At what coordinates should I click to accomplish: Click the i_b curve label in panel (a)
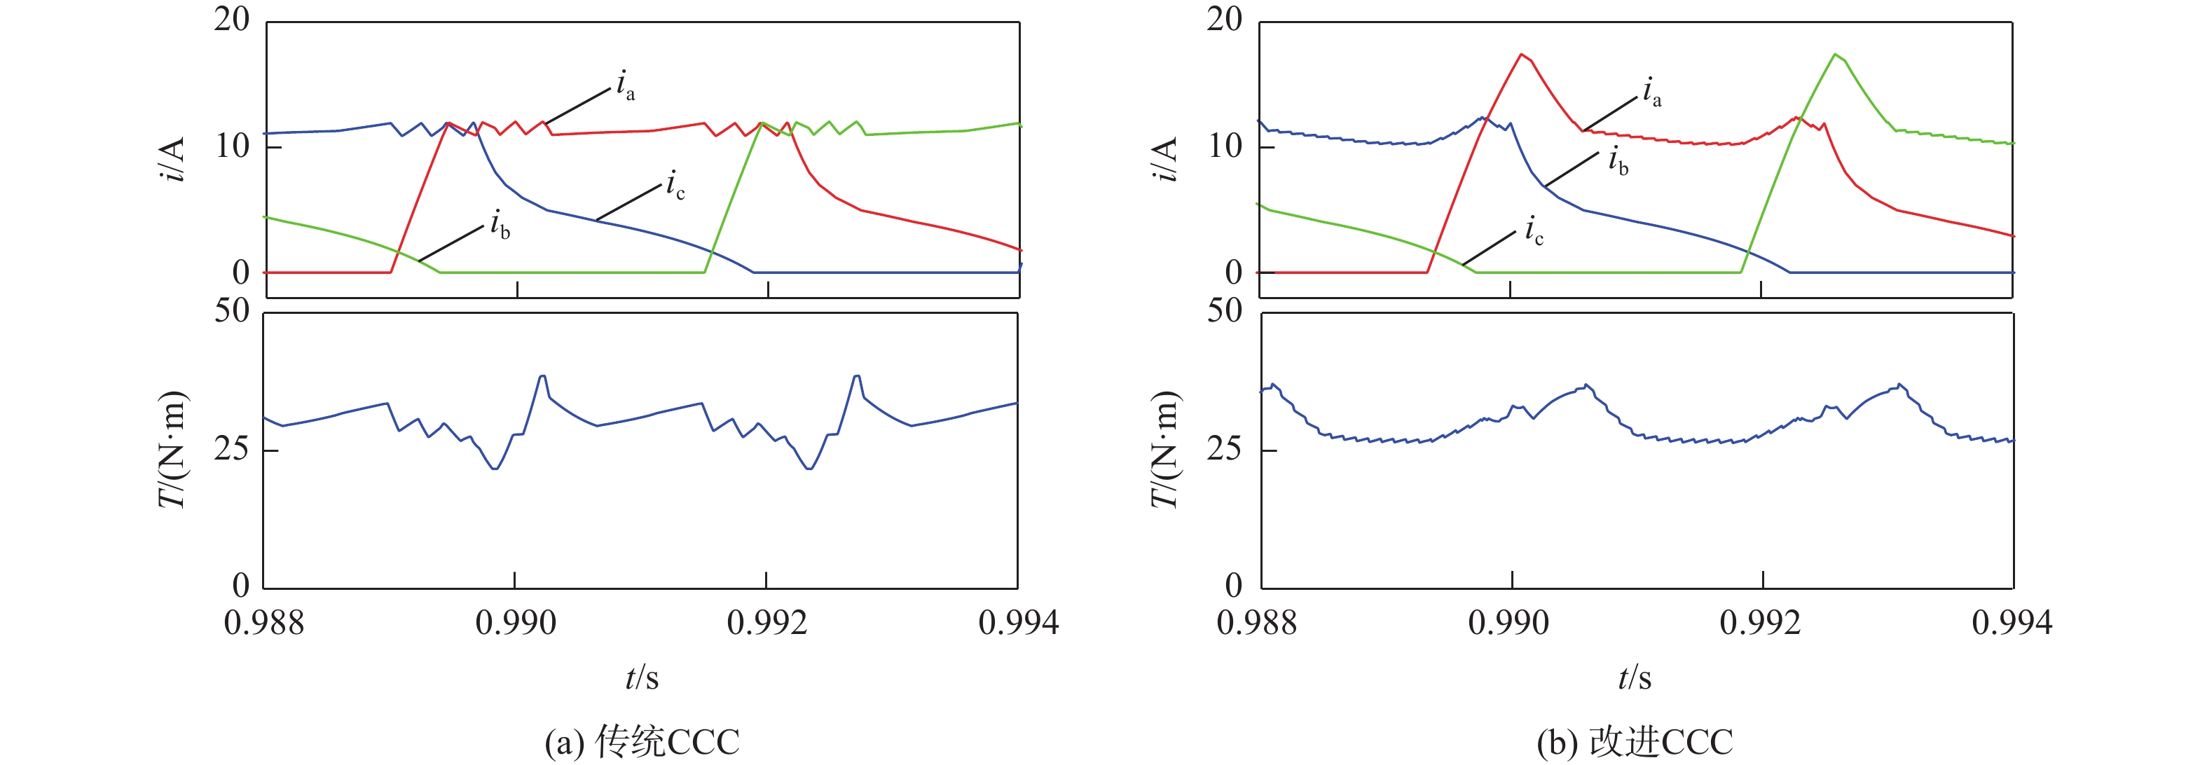500,226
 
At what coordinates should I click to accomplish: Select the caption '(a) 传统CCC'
642,742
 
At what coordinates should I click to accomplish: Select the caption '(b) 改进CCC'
1635,742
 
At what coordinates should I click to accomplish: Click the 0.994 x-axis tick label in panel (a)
1019,623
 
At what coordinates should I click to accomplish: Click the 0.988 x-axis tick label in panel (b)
1257,623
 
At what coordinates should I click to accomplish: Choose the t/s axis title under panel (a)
642,677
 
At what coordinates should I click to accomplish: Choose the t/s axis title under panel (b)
1635,677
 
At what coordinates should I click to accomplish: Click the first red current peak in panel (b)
1521,55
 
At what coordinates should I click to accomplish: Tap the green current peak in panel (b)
1834,55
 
